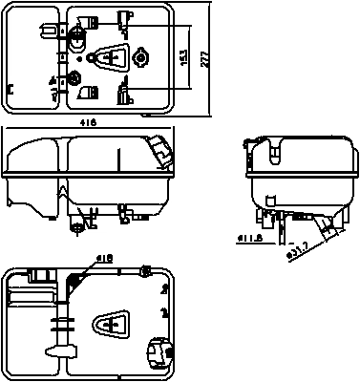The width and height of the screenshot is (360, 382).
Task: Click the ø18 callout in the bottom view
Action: [104, 258]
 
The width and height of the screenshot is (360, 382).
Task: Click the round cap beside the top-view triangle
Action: [141, 59]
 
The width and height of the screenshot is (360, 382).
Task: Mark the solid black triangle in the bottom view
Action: [75, 281]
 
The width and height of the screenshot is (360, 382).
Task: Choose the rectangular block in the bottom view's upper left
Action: [40, 277]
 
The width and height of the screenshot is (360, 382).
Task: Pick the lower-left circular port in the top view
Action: [75, 77]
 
